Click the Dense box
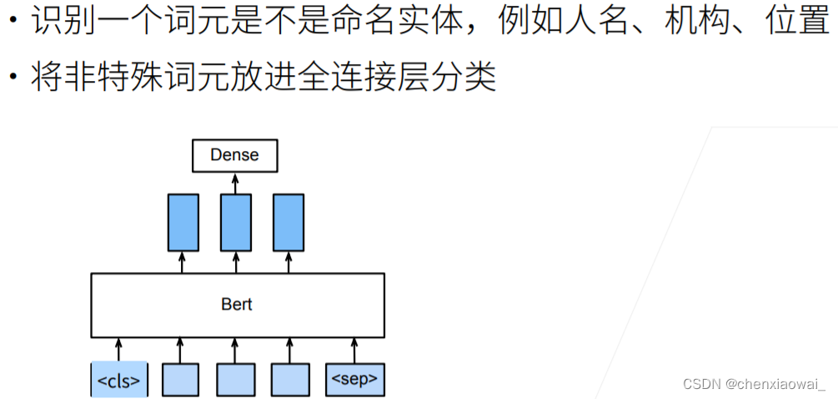[234, 155]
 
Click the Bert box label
[237, 304]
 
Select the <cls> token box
[118, 380]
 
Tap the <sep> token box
[354, 380]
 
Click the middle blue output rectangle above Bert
[236, 222]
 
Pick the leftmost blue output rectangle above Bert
[183, 222]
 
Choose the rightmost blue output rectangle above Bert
[289, 222]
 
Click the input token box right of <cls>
[179, 380]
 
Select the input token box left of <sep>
[289, 380]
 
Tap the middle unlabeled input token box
[235, 380]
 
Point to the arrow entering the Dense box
[235, 182]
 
